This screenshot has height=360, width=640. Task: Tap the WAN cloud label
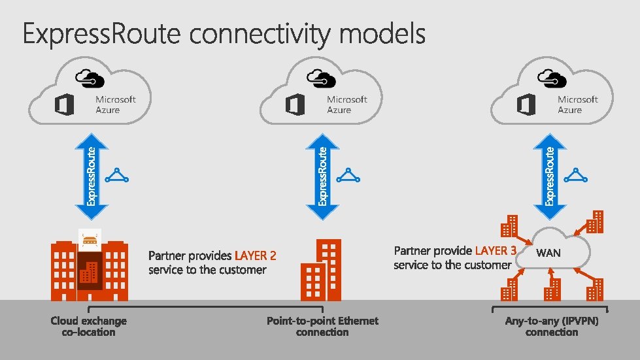tap(548, 253)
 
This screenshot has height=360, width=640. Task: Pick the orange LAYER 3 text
tap(496, 251)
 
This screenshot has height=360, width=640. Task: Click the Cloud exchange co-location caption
tap(88, 326)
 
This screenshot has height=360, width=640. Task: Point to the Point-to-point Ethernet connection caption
tap(322, 326)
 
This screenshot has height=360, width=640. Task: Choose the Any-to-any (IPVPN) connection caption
tap(552, 326)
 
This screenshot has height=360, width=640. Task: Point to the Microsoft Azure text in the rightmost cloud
tap(577, 105)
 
